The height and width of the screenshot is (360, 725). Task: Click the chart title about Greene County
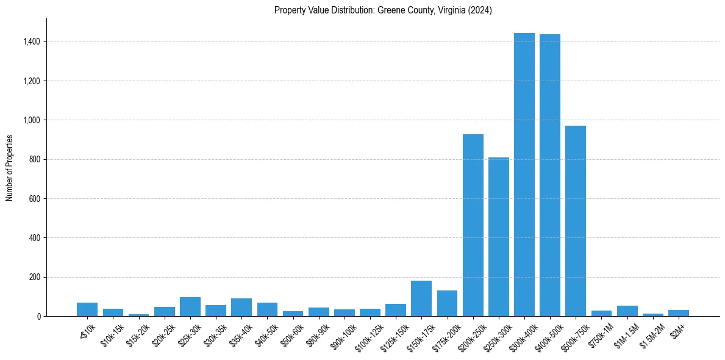coord(383,10)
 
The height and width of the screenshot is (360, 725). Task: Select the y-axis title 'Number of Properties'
coord(10,168)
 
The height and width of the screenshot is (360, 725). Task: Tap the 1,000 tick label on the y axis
coord(32,120)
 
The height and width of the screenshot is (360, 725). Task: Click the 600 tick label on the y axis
coord(35,199)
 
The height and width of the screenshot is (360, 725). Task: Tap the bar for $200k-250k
coord(473,225)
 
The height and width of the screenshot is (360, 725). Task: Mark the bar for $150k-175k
coord(421,298)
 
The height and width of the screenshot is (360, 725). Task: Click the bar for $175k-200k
coord(447,303)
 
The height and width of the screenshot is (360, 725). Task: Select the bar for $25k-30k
coord(190,307)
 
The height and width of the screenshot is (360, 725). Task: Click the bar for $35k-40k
coord(241,308)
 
